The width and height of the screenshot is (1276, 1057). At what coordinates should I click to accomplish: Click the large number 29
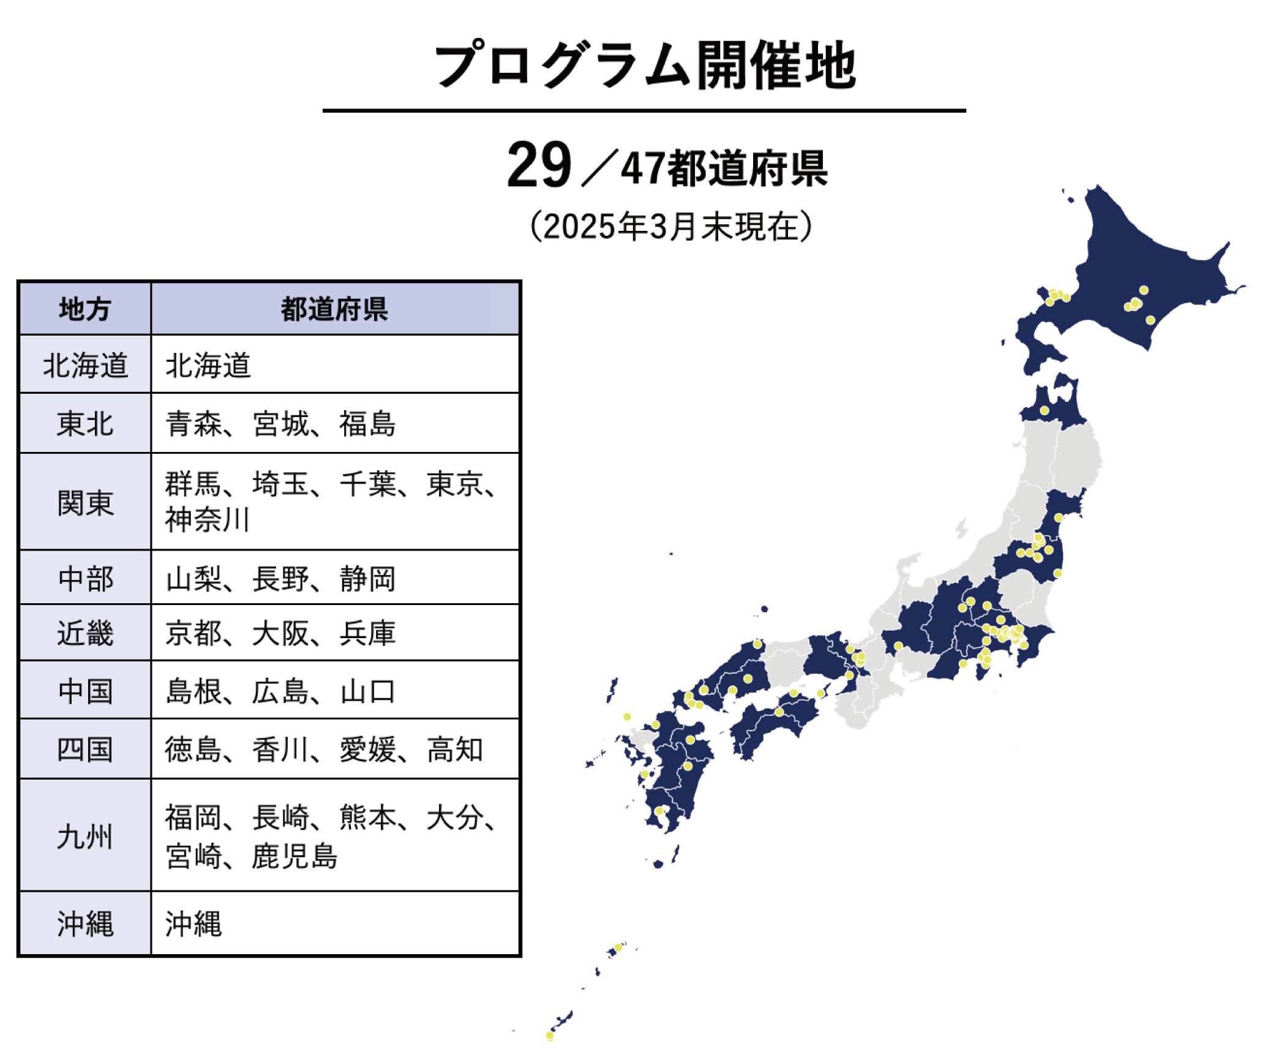(x=539, y=165)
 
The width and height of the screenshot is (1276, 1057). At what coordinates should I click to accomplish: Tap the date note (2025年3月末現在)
(x=671, y=227)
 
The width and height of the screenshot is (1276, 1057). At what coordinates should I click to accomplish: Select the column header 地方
(x=84, y=309)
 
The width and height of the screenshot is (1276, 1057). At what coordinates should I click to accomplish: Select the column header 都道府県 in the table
(x=334, y=309)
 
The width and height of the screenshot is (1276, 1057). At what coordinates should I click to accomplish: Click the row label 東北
(x=84, y=424)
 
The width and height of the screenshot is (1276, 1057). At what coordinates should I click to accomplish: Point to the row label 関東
(x=84, y=503)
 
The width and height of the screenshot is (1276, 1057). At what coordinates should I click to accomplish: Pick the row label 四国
(x=84, y=750)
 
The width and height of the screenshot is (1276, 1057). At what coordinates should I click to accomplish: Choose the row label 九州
(x=84, y=836)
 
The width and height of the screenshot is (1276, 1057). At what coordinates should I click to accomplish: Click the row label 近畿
(x=84, y=633)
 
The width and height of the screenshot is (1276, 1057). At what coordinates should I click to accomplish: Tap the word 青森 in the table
(x=193, y=424)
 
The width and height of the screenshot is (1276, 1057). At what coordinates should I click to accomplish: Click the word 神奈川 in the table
(x=207, y=521)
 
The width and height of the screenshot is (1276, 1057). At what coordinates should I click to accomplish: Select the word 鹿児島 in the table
(x=295, y=856)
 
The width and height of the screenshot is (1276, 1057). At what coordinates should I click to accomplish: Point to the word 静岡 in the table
(x=367, y=579)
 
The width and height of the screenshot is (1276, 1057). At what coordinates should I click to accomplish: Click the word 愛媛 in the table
(x=368, y=750)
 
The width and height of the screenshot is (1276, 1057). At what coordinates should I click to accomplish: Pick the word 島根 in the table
(x=193, y=691)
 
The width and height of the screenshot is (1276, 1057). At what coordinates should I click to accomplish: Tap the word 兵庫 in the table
(x=367, y=633)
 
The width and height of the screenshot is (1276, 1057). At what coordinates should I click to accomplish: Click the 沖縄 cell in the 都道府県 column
(x=193, y=923)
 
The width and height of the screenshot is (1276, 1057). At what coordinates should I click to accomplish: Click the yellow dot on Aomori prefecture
(x=1045, y=410)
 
